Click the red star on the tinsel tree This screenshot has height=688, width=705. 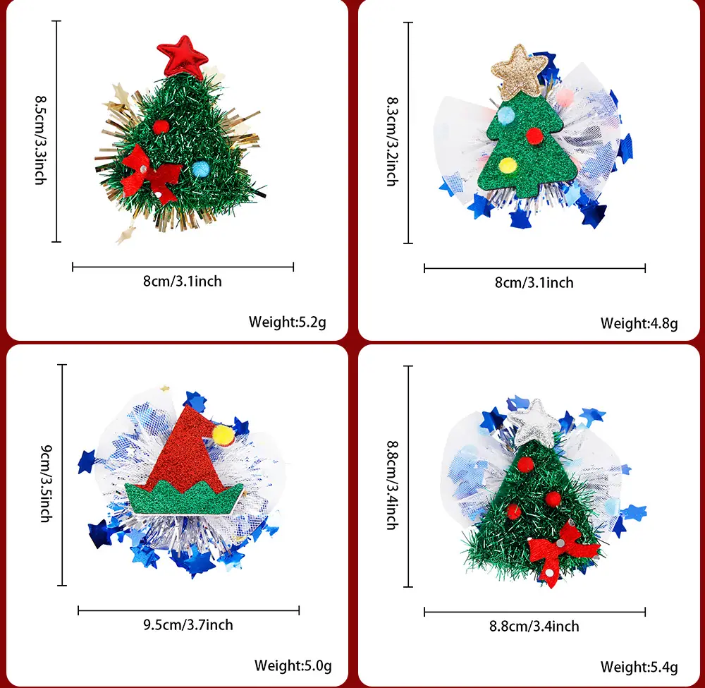click(x=182, y=56)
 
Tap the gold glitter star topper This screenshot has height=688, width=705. click(x=520, y=71)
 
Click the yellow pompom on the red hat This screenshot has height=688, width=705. click(x=223, y=435)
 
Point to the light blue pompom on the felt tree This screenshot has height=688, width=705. click(x=505, y=115)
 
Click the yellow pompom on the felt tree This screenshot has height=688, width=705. click(x=508, y=165)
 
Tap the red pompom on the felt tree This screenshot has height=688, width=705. click(x=534, y=135)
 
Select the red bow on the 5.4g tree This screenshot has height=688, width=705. click(x=562, y=552)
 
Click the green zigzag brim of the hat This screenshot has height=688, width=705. click(x=183, y=498)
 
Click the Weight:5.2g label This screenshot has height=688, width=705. click(x=288, y=322)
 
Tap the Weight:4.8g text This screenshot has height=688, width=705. click(x=639, y=323)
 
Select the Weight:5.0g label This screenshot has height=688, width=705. click(x=293, y=665)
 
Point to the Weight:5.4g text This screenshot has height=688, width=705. click(x=639, y=667)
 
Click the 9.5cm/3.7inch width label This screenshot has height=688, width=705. click(x=188, y=625)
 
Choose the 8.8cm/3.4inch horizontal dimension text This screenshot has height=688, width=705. click(x=534, y=627)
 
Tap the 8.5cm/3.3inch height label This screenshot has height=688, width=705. click(x=41, y=140)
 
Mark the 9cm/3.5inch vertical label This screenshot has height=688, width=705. click(x=47, y=483)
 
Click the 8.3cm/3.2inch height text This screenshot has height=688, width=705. click(x=393, y=141)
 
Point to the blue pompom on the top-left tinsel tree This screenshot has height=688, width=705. click(x=200, y=169)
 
